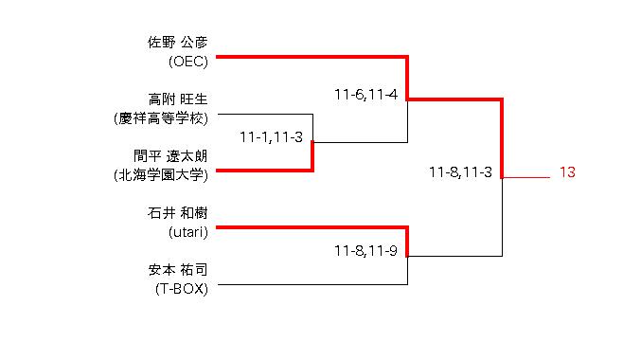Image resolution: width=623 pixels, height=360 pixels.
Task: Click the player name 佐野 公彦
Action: (178, 42)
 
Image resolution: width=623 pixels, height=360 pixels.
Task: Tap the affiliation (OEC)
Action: (187, 62)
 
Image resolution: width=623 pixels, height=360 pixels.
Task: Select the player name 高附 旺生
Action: (178, 99)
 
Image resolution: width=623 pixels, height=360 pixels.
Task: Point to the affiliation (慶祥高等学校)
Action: (161, 118)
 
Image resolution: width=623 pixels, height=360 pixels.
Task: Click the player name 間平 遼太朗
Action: (170, 156)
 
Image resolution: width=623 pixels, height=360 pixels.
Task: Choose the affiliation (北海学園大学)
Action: (161, 175)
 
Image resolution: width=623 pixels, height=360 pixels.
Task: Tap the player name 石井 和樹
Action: (178, 213)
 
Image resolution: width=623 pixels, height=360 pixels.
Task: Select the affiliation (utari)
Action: (187, 232)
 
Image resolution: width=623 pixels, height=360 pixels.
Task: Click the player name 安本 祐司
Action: (178, 270)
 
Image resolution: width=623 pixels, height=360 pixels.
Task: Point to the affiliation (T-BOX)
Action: (182, 289)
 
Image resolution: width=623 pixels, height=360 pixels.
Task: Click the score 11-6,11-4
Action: (365, 95)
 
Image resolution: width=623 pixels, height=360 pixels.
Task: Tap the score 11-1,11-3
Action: (272, 137)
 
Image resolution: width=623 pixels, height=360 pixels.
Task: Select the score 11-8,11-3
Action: (460, 172)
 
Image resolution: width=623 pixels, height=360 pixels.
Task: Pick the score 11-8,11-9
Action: (365, 251)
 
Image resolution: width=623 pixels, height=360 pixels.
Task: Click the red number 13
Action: (567, 172)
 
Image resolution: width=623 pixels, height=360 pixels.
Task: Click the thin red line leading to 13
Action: (526, 177)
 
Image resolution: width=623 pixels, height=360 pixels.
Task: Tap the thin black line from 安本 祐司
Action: (313, 284)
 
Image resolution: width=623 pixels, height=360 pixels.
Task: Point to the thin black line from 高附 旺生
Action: (265, 115)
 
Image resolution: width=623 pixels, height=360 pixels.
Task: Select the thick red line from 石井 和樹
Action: (311, 227)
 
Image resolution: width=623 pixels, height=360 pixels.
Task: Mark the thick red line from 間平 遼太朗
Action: (265, 171)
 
